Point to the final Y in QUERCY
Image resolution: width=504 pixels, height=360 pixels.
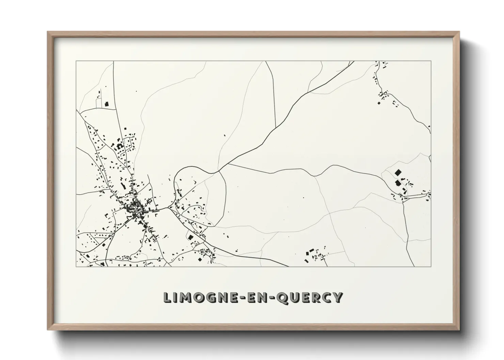pyautogui.click(x=336, y=298)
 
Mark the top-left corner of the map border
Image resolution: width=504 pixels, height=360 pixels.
pyautogui.click(x=76, y=61)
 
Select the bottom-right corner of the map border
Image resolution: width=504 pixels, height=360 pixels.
pyautogui.click(x=431, y=266)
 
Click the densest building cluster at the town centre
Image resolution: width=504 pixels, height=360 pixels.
pyautogui.click(x=135, y=206)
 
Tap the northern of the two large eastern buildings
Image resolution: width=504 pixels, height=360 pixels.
pyautogui.click(x=397, y=172)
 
